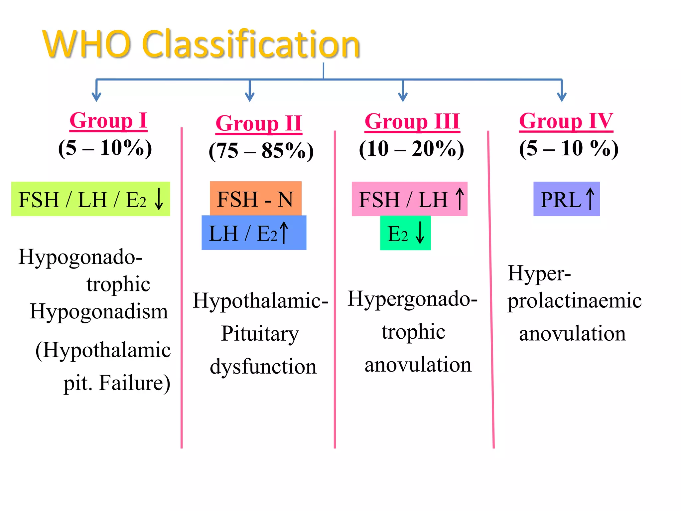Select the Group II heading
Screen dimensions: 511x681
(259, 123)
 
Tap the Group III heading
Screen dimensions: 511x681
(412, 121)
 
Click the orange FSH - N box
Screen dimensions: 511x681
(255, 199)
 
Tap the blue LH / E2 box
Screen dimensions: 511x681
(254, 233)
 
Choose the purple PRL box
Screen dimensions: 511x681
(566, 199)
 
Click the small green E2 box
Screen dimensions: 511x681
(405, 233)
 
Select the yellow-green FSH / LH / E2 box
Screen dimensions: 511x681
(90, 199)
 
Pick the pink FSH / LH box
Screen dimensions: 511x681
(409, 199)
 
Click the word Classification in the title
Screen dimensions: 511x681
(251, 44)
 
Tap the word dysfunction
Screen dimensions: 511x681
(263, 367)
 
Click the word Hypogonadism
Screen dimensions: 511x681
(99, 311)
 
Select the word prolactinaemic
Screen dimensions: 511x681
(574, 301)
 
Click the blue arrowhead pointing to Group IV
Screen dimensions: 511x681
(562, 97)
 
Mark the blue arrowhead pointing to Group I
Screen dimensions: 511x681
(96, 97)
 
